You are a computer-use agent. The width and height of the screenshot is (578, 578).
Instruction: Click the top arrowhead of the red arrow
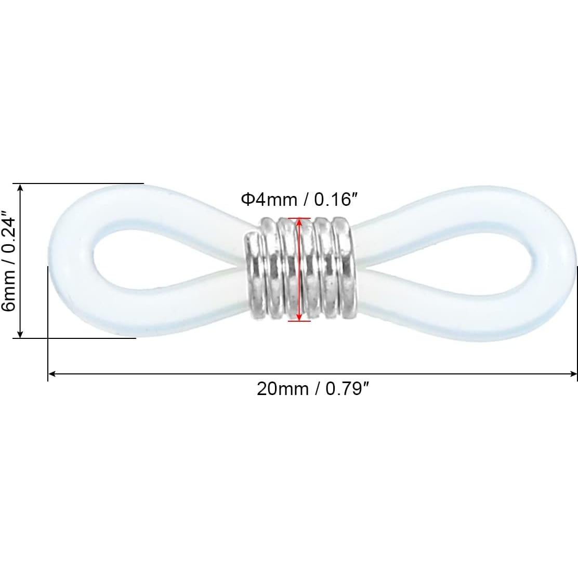point(299,221)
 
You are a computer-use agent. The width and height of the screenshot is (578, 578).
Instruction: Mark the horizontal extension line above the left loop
point(83,183)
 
